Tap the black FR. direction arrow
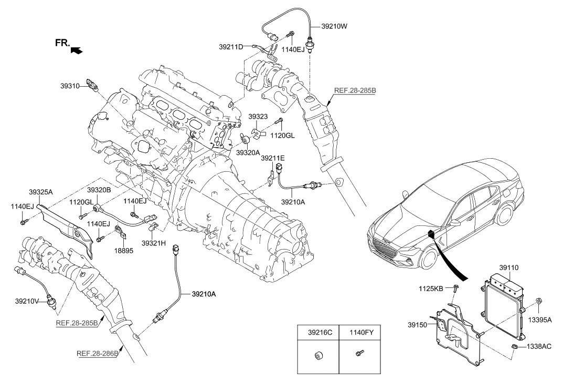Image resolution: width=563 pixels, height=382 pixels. [77, 50]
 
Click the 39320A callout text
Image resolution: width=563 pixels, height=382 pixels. [248, 152]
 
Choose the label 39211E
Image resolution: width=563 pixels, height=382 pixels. [273, 158]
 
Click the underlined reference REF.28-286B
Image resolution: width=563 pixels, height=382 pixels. [98, 353]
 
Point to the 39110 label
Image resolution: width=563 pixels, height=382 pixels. [508, 267]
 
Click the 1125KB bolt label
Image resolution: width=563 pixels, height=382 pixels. [432, 288]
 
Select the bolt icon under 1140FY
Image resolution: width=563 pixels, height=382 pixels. [359, 356]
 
